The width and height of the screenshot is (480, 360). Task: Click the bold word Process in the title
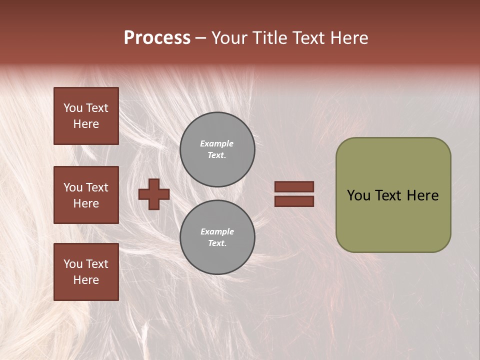157,37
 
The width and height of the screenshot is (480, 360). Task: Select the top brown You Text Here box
86,116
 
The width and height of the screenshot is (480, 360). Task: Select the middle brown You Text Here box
86,195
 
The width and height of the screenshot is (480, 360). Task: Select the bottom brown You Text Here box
86,272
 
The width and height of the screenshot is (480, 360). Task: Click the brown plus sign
154,194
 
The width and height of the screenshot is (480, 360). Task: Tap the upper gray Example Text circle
217,149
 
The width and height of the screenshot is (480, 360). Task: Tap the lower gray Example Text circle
217,237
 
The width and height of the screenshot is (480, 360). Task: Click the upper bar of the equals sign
294,186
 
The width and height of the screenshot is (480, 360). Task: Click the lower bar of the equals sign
294,201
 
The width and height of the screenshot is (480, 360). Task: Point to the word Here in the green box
422,195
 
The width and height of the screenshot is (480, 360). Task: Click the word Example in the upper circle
216,143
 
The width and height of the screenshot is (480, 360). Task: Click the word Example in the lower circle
217,231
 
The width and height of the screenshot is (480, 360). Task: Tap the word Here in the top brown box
86,124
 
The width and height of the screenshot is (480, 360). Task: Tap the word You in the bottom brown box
72,264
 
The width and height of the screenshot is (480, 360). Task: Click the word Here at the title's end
349,38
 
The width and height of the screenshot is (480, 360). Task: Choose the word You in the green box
358,195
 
